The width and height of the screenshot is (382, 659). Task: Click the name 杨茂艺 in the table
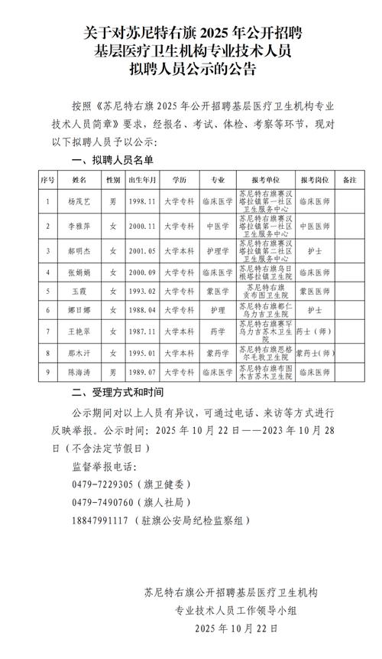pyautogui.click(x=79, y=203)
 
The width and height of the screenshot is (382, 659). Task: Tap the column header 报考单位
pyautogui.click(x=264, y=179)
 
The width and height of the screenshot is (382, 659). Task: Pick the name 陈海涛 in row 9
pyautogui.click(x=79, y=372)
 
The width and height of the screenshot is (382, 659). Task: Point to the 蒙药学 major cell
pyautogui.click(x=217, y=354)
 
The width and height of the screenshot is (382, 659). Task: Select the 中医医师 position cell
pyautogui.click(x=314, y=227)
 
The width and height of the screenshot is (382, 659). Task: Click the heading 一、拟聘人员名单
pyautogui.click(x=112, y=159)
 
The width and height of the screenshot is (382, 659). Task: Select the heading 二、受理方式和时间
pyautogui.click(x=117, y=394)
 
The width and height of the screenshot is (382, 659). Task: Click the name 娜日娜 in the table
pyautogui.click(x=79, y=311)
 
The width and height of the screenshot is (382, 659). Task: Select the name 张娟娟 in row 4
pyautogui.click(x=79, y=272)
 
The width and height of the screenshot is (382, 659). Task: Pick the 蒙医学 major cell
pyautogui.click(x=217, y=292)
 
